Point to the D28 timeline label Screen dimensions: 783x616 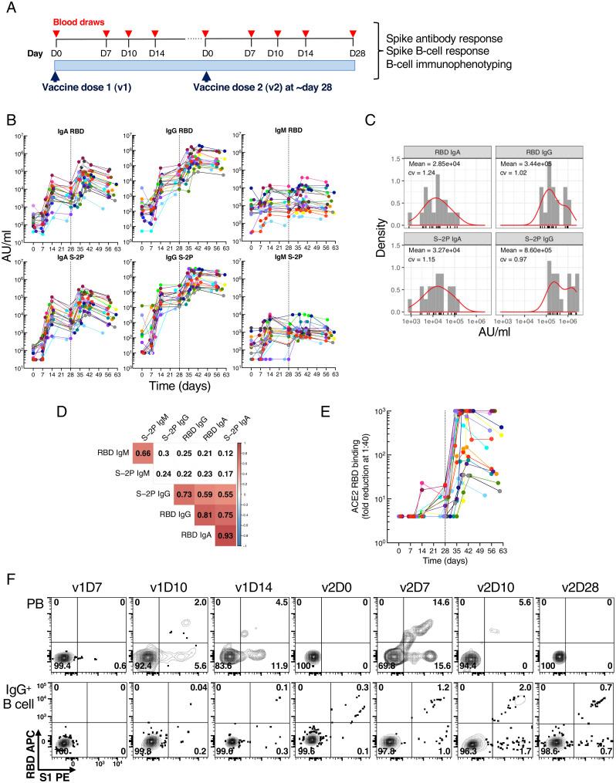353,51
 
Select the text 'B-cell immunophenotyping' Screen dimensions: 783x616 451,64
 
